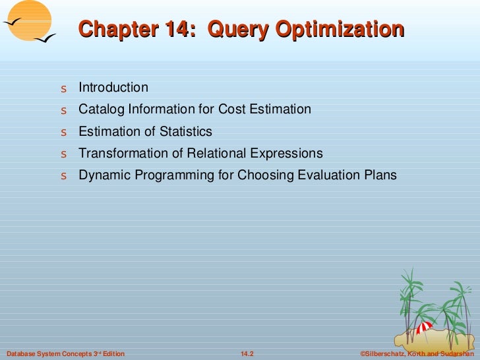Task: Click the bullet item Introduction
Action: click(x=113, y=88)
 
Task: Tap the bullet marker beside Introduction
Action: click(x=63, y=88)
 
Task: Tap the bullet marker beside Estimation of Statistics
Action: click(x=63, y=133)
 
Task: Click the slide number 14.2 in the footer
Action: click(x=247, y=354)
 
